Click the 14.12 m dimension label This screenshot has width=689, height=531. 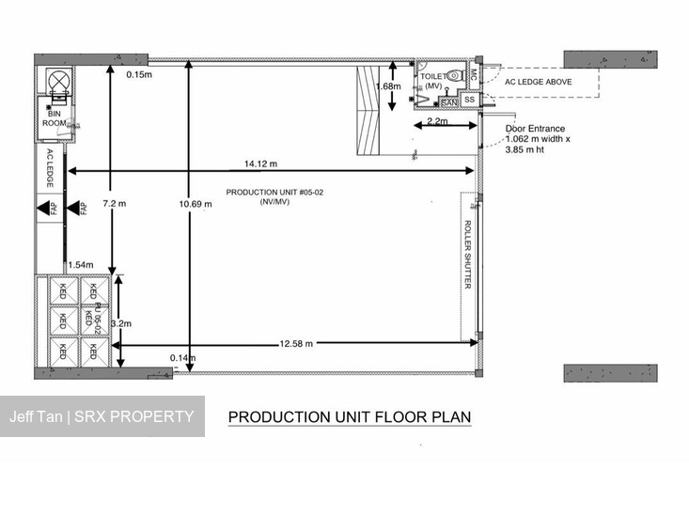(261, 164)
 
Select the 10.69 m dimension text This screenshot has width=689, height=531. (196, 204)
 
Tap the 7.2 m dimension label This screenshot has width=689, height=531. (115, 203)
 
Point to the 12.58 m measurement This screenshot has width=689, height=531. (297, 343)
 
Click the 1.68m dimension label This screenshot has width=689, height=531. (388, 86)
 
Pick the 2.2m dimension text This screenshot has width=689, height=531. (437, 121)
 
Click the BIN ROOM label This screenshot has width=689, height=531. (54, 118)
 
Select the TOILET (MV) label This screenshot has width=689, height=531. (433, 81)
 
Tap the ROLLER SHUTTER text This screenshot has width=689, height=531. (467, 255)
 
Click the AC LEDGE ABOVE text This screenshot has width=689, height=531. (539, 82)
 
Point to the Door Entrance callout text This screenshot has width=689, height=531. (538, 139)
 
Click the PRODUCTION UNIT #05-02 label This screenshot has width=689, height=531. (274, 196)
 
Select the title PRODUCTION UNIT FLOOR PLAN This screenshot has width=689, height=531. (350, 416)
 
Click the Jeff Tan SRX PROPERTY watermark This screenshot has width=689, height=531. (102, 416)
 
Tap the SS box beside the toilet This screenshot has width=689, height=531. (470, 100)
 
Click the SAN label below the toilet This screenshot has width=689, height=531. (448, 102)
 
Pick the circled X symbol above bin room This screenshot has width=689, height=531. (57, 80)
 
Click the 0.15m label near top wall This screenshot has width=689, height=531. (139, 74)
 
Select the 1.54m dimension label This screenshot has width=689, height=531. (81, 265)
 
